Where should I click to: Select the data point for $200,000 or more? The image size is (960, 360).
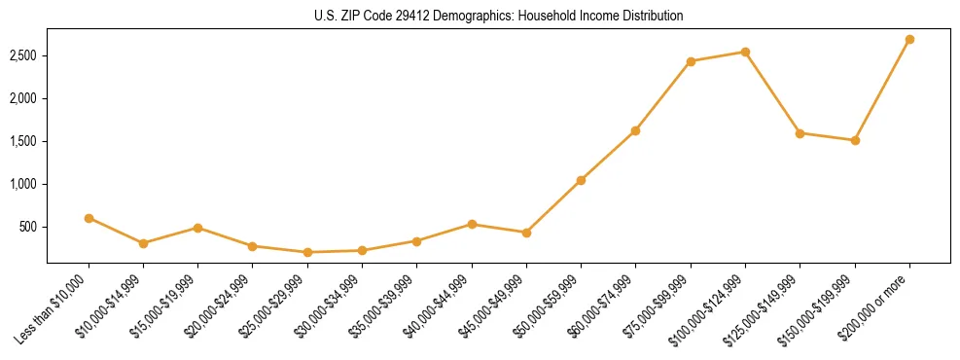[x=909, y=40]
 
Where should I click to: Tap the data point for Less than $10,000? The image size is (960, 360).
[x=89, y=218]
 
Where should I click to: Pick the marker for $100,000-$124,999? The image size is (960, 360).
[x=745, y=52]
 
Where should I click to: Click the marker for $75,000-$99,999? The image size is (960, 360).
[x=691, y=61]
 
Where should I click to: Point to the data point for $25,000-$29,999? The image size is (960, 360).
[x=307, y=252]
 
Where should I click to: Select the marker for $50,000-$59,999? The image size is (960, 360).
[x=581, y=180]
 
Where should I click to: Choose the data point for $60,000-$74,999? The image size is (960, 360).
[x=635, y=130]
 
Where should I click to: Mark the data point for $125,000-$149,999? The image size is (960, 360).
[x=800, y=133]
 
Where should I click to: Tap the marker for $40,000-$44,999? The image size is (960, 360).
[x=472, y=224]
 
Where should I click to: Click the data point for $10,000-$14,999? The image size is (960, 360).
[x=143, y=243]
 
